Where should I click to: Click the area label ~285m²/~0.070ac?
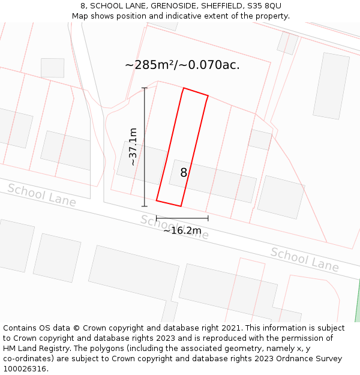click(x=182, y=65)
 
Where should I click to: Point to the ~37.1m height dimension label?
click(x=133, y=147)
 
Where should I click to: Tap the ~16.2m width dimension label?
click(x=182, y=230)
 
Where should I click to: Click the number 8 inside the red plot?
click(x=184, y=173)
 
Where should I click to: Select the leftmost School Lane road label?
click(x=41, y=195)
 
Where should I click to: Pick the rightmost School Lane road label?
click(x=304, y=259)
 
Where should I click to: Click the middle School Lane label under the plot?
click(x=175, y=227)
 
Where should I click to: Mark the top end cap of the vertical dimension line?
click(x=144, y=88)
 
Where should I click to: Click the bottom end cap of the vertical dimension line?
click(x=144, y=206)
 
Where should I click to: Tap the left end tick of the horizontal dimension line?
click(x=157, y=218)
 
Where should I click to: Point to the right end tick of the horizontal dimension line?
click(x=208, y=218)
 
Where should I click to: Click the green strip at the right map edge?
click(x=358, y=309)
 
